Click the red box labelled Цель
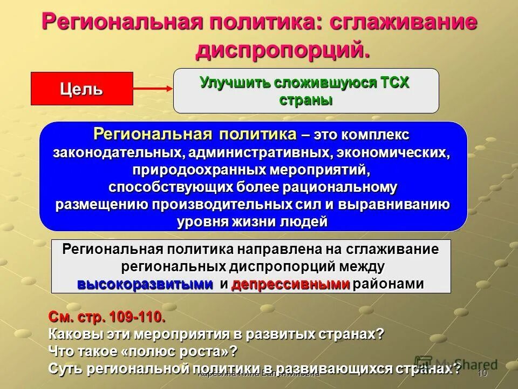point(81,89)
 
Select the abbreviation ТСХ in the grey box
point(395,83)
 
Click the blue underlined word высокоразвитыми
point(145,285)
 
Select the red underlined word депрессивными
point(290,285)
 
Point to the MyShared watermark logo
point(456,365)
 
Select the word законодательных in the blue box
point(119,152)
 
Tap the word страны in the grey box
point(306,100)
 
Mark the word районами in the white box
point(388,285)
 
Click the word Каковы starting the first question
point(72,333)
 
